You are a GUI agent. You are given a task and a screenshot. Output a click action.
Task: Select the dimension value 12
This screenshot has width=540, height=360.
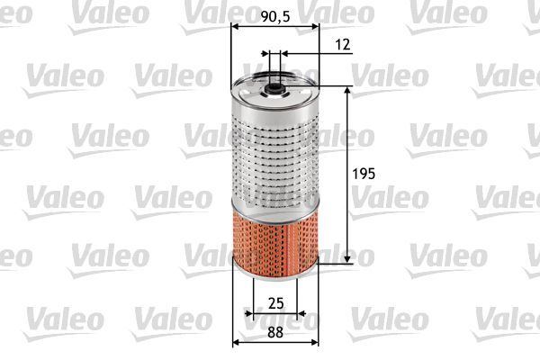[341, 44]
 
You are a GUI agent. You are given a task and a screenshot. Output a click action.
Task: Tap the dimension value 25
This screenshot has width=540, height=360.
[276, 301]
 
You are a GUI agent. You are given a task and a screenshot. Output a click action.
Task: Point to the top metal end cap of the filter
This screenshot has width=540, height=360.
[274, 92]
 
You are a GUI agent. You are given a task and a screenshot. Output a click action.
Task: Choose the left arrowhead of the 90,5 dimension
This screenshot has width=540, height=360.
[236, 27]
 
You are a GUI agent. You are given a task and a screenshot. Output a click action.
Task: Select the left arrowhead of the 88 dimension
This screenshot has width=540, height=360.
[237, 343]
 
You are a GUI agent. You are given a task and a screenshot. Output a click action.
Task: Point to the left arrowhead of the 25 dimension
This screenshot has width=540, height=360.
[249, 314]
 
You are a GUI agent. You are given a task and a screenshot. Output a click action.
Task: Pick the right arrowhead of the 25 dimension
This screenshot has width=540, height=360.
[302, 314]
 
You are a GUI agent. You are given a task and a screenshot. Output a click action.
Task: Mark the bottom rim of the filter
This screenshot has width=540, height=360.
[274, 268]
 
